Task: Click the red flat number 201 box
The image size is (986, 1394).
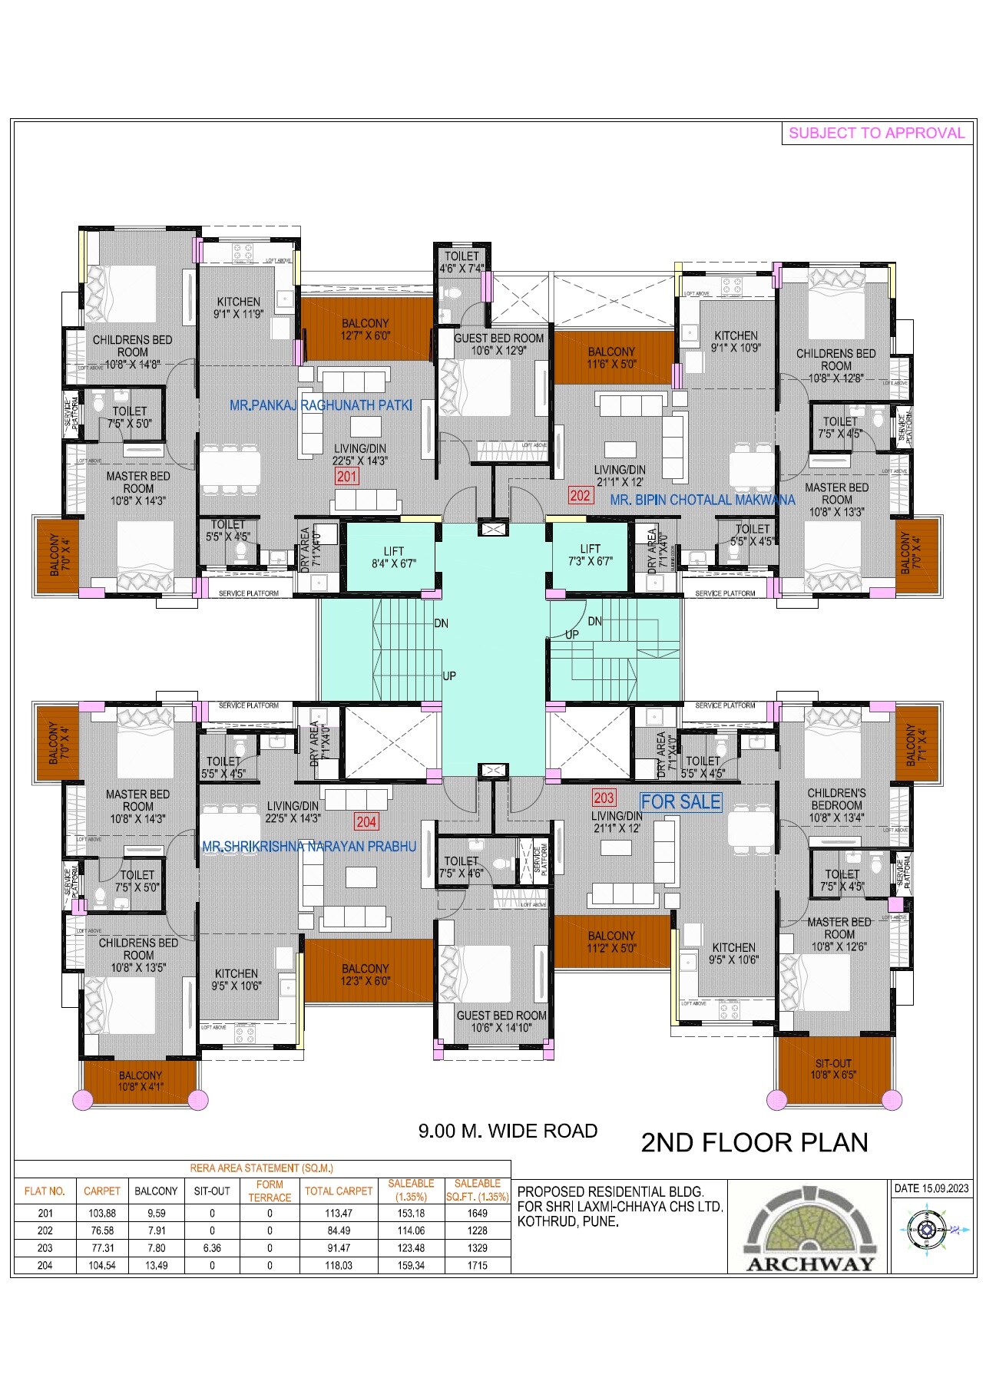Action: (x=347, y=477)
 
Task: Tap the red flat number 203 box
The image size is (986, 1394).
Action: (x=604, y=798)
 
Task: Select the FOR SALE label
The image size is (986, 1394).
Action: (x=680, y=802)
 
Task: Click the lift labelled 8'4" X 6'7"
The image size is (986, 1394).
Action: (x=393, y=557)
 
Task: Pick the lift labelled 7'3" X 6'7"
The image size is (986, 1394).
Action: (x=590, y=555)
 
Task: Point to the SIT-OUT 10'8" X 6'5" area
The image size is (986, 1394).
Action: (x=833, y=1069)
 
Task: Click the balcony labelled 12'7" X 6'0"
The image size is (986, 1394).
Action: (x=366, y=329)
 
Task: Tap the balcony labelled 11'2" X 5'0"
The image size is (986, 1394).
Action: (x=611, y=942)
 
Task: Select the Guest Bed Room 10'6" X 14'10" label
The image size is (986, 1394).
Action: (x=501, y=1021)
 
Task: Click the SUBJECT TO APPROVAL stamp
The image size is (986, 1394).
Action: (x=876, y=133)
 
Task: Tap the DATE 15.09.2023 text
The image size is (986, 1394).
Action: (x=931, y=1188)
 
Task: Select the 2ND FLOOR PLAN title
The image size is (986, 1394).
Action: (x=754, y=1143)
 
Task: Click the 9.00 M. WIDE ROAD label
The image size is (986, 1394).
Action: (x=508, y=1131)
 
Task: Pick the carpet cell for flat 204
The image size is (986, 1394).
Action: (x=102, y=1265)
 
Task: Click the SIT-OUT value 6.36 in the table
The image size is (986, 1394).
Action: (x=212, y=1248)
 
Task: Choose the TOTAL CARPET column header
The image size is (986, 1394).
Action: (x=339, y=1191)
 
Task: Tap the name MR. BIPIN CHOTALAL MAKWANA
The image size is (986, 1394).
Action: (x=702, y=500)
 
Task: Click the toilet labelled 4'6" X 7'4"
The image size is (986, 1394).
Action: (x=462, y=263)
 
